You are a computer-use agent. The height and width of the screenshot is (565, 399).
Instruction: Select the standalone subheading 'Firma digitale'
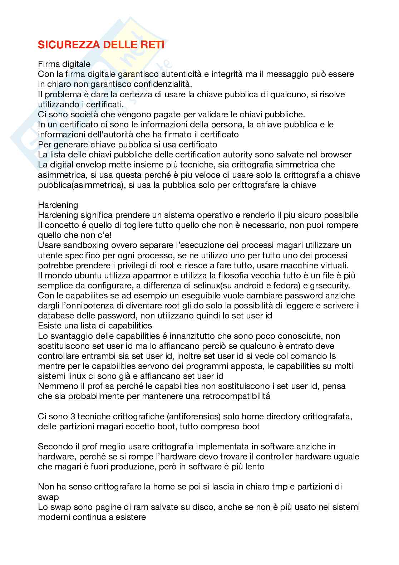coord(64,64)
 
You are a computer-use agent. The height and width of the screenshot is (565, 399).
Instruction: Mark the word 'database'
coord(54,316)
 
